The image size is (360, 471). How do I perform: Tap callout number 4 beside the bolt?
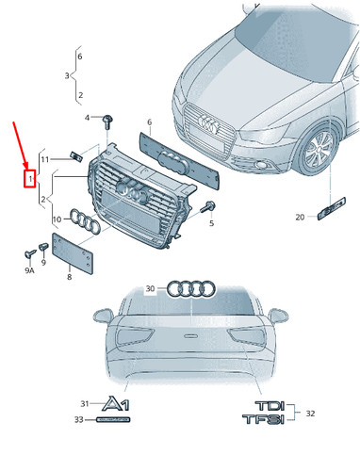(88, 118)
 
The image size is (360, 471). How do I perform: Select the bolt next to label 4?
(108, 119)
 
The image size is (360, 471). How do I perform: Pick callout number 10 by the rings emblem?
(57, 219)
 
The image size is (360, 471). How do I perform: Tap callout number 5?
(211, 223)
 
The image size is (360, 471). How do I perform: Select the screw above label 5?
(209, 207)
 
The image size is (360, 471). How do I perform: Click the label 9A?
(29, 270)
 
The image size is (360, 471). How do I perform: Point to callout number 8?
(69, 278)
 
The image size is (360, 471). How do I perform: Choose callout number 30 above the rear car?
(149, 288)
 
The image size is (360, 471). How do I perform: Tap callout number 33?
(80, 419)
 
